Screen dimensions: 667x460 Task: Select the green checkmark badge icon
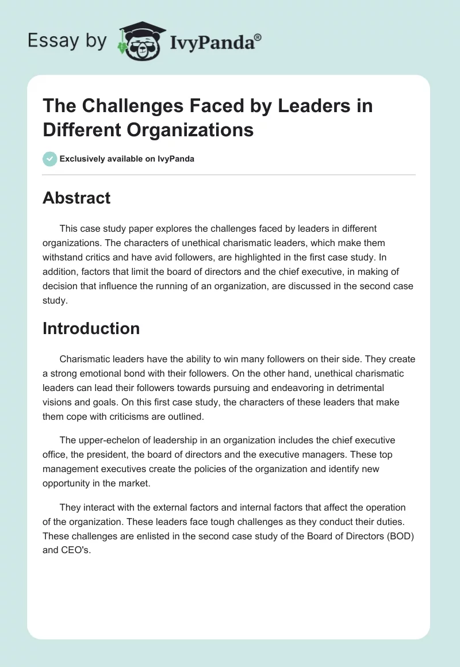click(50, 159)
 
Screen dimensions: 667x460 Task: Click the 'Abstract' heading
click(76, 198)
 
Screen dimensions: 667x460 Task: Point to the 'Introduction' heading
click(91, 328)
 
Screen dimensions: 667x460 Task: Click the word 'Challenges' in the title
click(122, 106)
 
